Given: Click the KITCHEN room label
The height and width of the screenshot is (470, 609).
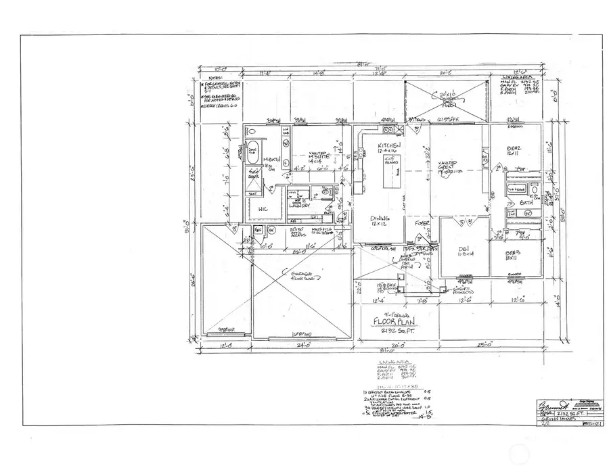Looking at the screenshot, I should pyautogui.click(x=390, y=147).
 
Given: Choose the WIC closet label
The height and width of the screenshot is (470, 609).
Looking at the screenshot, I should pyautogui.click(x=263, y=210).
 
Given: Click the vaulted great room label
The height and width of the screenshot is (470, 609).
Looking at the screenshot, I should pyautogui.click(x=454, y=167).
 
